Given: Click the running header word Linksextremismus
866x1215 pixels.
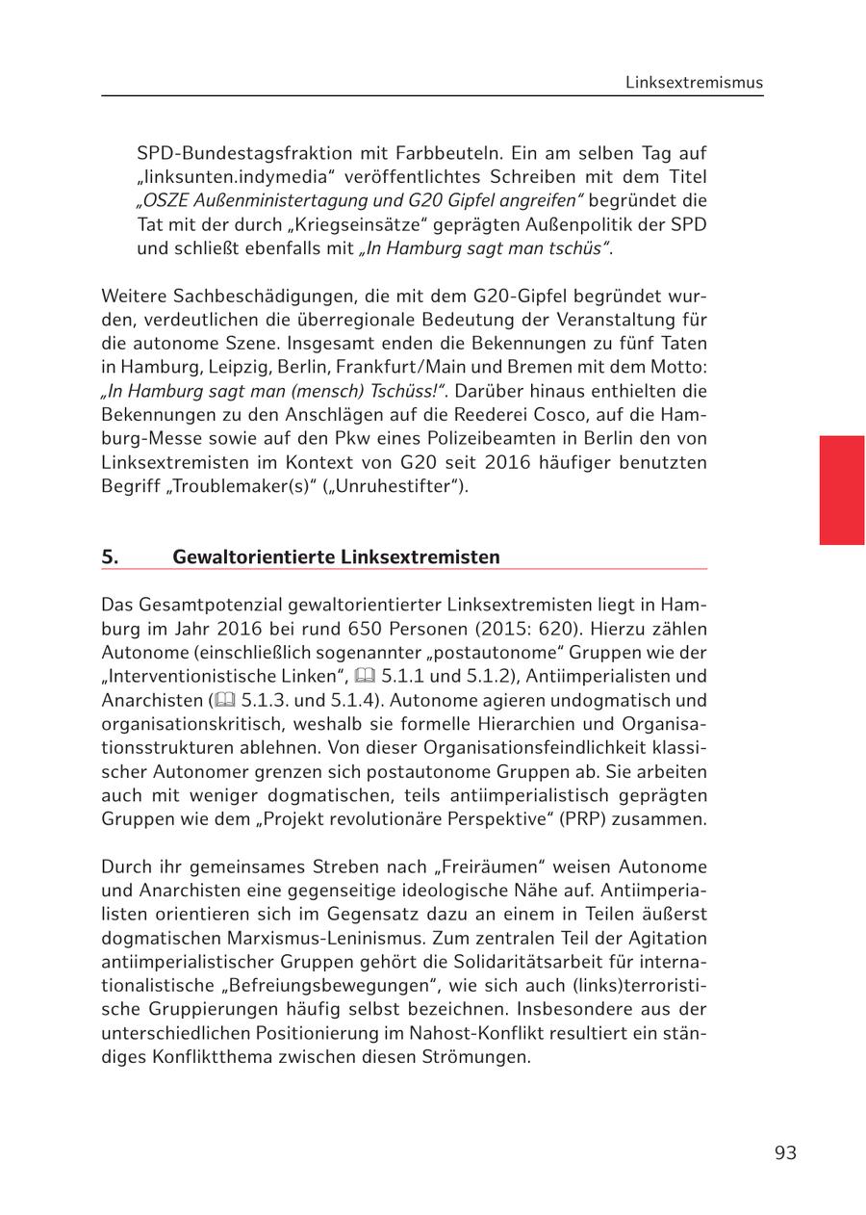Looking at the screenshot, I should (694, 82).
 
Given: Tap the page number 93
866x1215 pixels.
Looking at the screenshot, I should (785, 1152).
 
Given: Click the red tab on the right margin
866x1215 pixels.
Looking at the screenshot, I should (841, 490).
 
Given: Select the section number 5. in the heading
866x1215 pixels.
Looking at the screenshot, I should (110, 556).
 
